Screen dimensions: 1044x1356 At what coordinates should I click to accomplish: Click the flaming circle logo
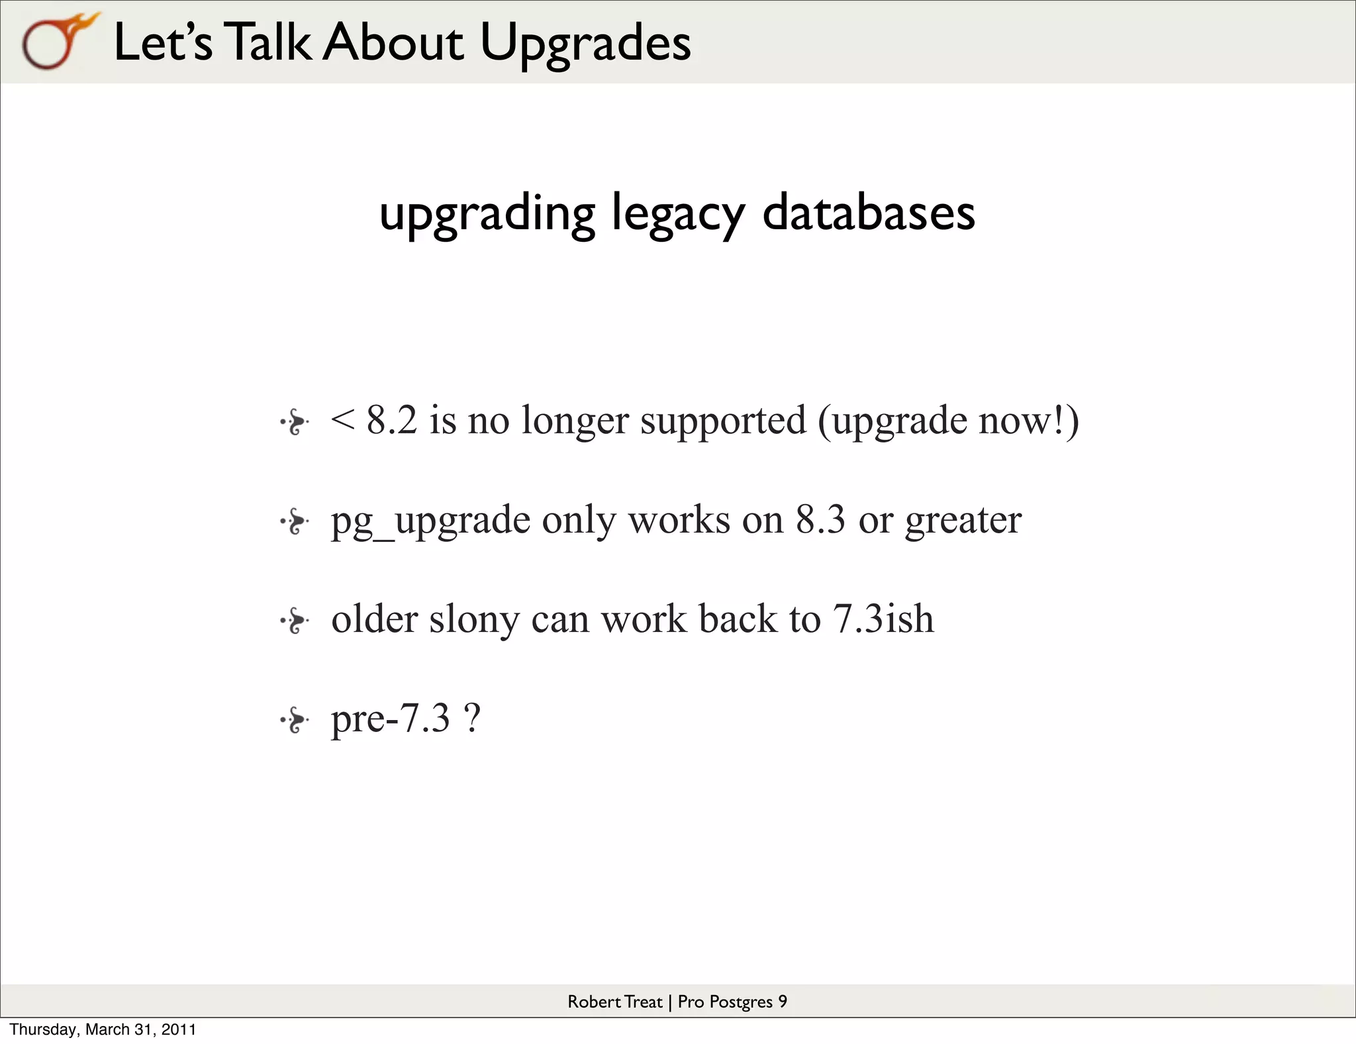click(x=56, y=41)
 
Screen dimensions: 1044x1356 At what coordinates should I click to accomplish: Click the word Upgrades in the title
click(x=585, y=42)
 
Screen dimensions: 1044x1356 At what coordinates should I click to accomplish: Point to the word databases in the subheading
click(x=868, y=213)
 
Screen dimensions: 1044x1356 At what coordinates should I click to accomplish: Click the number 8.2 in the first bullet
click(x=392, y=420)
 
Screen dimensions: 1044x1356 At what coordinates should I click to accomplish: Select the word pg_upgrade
click(x=430, y=521)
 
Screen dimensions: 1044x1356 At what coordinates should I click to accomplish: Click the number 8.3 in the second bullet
click(x=820, y=519)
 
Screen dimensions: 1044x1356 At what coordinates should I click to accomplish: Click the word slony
click(x=474, y=620)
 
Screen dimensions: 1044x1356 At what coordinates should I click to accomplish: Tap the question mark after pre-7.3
click(x=472, y=718)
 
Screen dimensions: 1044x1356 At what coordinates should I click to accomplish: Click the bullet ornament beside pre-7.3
click(x=295, y=720)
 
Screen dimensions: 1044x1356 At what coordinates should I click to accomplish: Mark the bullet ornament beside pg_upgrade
click(x=295, y=522)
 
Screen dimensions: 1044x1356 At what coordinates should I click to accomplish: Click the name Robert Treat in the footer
click(x=614, y=1002)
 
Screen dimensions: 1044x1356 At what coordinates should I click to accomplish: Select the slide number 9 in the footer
click(x=783, y=1002)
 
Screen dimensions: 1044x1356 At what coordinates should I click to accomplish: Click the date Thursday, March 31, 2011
click(x=103, y=1029)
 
